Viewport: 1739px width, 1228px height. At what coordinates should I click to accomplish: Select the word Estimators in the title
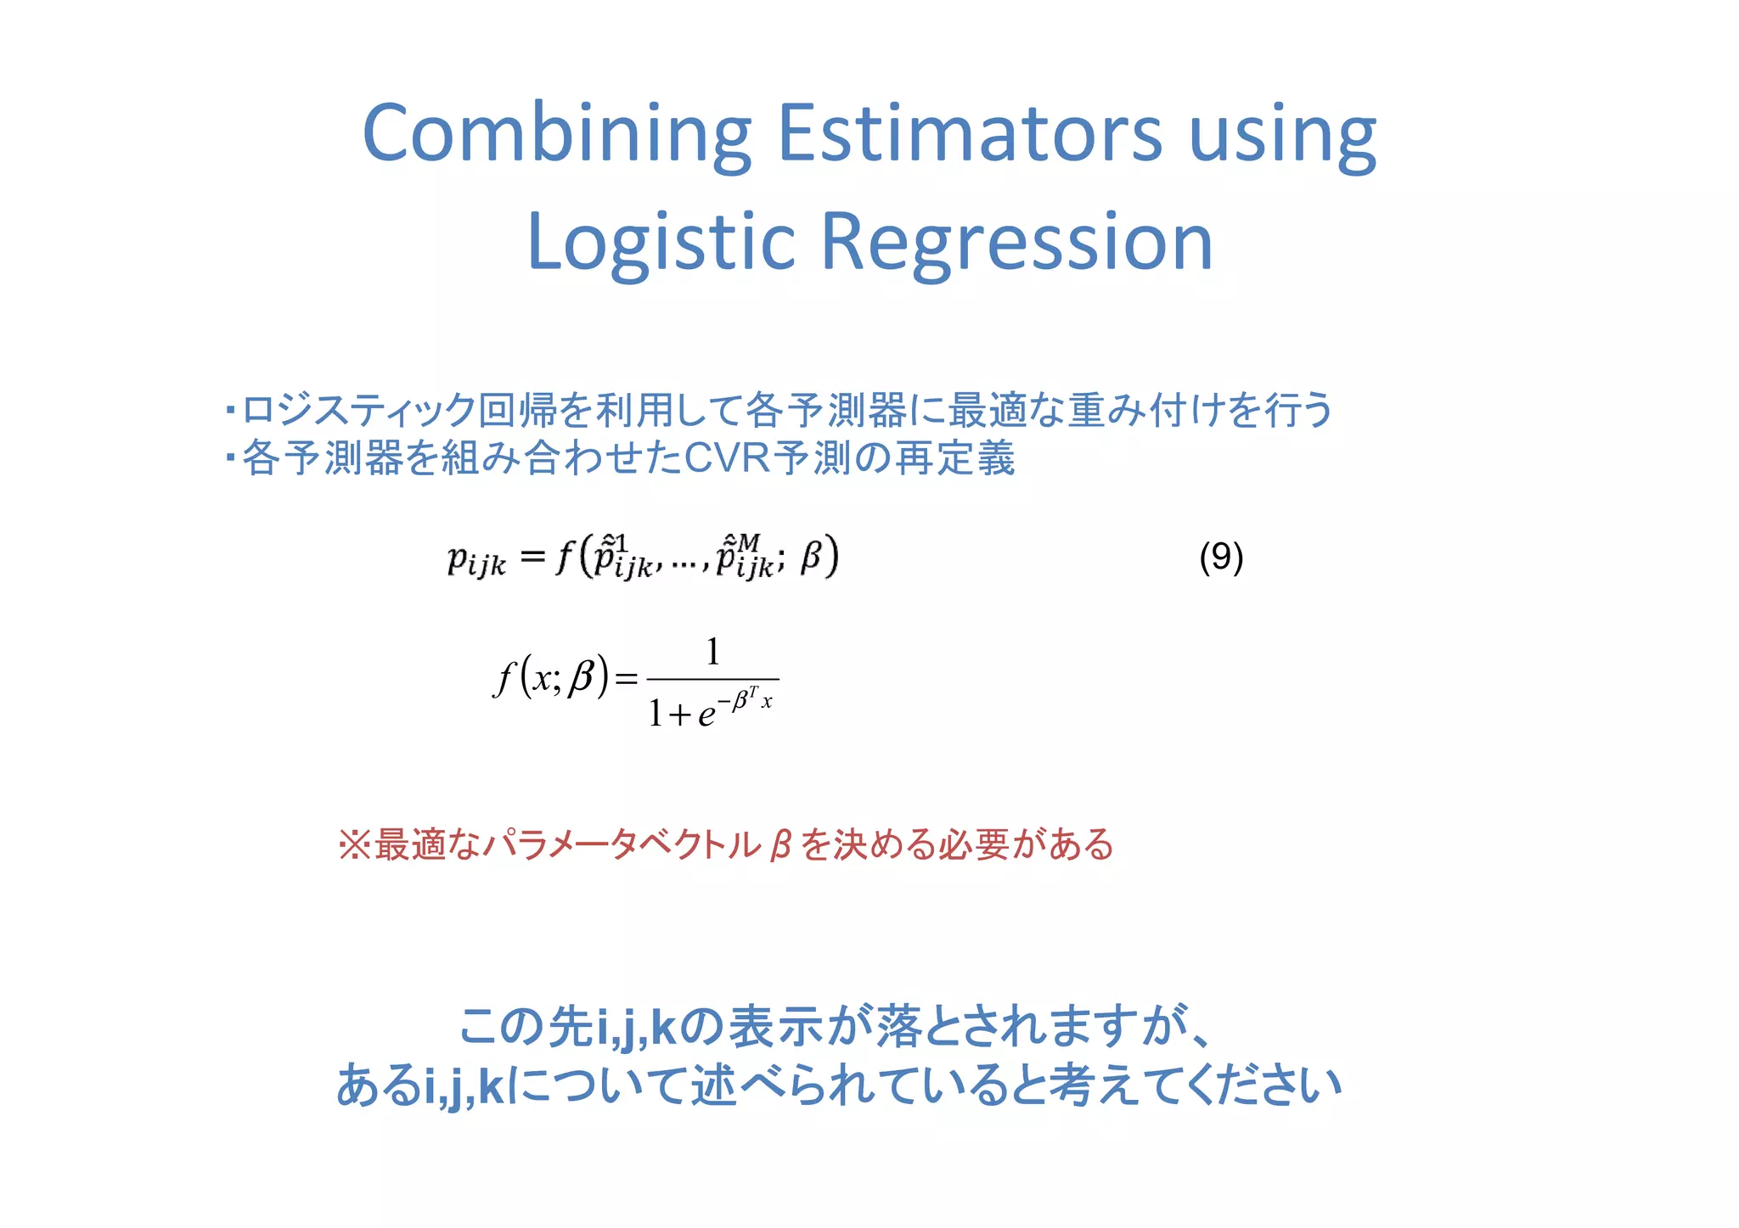click(x=969, y=134)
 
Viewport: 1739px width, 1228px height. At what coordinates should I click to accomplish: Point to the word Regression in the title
click(x=1016, y=244)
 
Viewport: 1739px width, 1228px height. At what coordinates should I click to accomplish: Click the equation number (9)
click(x=1221, y=558)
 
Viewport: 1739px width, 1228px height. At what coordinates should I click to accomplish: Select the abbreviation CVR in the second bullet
click(x=727, y=458)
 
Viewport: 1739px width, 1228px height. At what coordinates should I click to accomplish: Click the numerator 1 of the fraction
click(x=713, y=652)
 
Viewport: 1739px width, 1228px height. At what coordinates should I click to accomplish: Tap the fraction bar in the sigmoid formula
click(x=713, y=679)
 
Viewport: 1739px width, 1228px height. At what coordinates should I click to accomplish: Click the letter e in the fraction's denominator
click(x=706, y=715)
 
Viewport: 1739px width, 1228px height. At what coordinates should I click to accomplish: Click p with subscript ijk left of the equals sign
click(x=476, y=560)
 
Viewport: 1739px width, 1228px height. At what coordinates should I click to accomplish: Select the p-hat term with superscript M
click(x=744, y=558)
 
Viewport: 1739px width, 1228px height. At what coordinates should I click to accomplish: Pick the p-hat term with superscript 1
click(x=622, y=558)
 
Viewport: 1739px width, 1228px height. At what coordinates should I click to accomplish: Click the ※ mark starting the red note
click(x=354, y=845)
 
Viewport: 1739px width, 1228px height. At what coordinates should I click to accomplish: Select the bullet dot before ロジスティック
click(x=230, y=412)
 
